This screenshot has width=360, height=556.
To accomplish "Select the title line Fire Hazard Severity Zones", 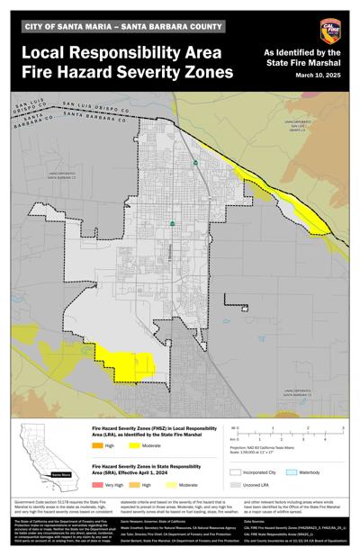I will (x=125, y=70).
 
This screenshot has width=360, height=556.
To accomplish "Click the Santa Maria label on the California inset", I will (x=61, y=473).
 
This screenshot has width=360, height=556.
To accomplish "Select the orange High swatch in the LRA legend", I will (x=98, y=445).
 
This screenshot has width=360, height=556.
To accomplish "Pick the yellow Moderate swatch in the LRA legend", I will (x=134, y=445).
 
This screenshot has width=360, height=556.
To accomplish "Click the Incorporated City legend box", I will (x=237, y=471).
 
